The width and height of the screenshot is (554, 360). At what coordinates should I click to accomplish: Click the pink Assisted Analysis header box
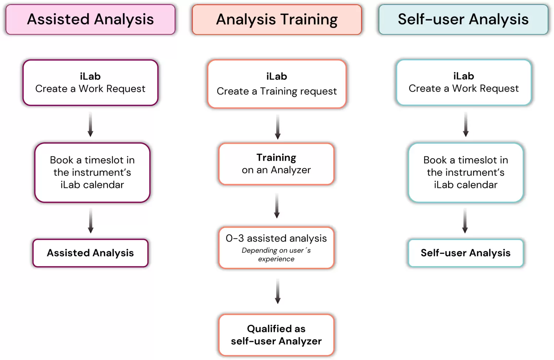coord(90,20)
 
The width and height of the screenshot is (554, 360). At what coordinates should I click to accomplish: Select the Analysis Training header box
coord(277,20)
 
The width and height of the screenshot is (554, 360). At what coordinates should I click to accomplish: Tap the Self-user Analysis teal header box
coord(463,20)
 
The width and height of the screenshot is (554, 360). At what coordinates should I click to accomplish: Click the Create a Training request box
coord(277,84)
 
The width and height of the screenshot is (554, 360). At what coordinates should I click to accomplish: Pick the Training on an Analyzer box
coord(276,164)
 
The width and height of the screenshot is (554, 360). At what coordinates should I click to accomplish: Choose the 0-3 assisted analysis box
coord(276,248)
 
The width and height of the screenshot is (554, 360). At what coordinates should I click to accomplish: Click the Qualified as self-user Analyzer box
coord(276,335)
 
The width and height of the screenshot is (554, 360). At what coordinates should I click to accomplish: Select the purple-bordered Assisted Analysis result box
coord(90,253)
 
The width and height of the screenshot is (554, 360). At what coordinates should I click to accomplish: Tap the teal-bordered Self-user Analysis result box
coord(465,253)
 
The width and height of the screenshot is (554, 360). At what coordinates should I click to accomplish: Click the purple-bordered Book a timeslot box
coord(92,173)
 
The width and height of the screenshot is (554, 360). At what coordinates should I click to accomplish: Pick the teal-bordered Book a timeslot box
coord(466,173)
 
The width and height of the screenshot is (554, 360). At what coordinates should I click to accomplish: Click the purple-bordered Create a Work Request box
coord(90,83)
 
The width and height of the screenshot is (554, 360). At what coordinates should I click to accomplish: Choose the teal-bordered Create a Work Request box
coord(464,82)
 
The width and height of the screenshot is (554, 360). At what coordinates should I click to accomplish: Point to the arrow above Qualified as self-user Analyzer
coord(278,291)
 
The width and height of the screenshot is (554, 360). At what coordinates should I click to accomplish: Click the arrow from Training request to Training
coord(278,127)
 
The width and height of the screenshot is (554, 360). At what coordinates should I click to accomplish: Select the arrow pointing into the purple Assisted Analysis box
coord(90,221)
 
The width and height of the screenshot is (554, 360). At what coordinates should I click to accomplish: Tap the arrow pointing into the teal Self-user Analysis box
coord(465,221)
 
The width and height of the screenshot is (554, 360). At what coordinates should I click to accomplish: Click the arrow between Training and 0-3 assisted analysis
coord(277,206)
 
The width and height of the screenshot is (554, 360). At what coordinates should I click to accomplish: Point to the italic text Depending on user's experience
coord(276,255)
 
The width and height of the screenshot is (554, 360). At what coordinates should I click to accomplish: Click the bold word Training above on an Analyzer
coord(276,158)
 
